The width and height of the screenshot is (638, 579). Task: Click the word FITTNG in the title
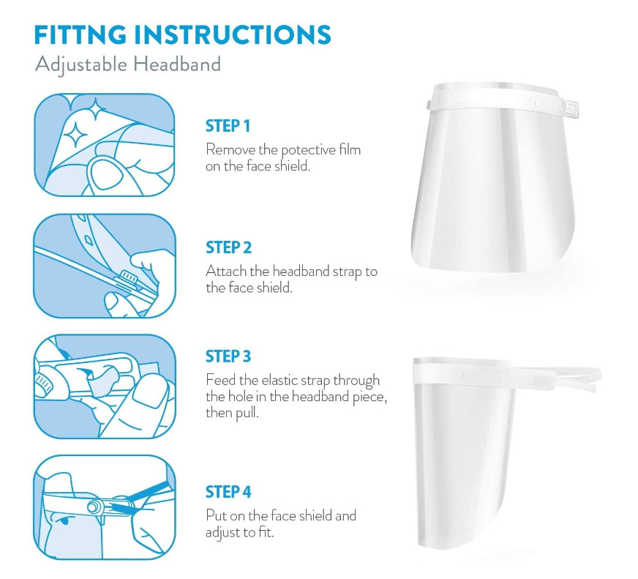(80, 34)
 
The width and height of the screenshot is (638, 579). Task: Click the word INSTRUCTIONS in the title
(233, 34)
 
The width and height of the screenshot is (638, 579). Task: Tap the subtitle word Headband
(177, 64)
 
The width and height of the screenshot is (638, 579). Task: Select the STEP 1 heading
(228, 126)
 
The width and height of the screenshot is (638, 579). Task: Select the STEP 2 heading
(229, 247)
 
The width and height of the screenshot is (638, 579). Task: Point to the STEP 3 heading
(228, 356)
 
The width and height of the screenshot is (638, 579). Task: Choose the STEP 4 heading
(228, 492)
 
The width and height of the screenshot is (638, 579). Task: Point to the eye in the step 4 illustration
(62, 520)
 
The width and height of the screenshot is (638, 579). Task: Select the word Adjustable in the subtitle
(81, 65)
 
